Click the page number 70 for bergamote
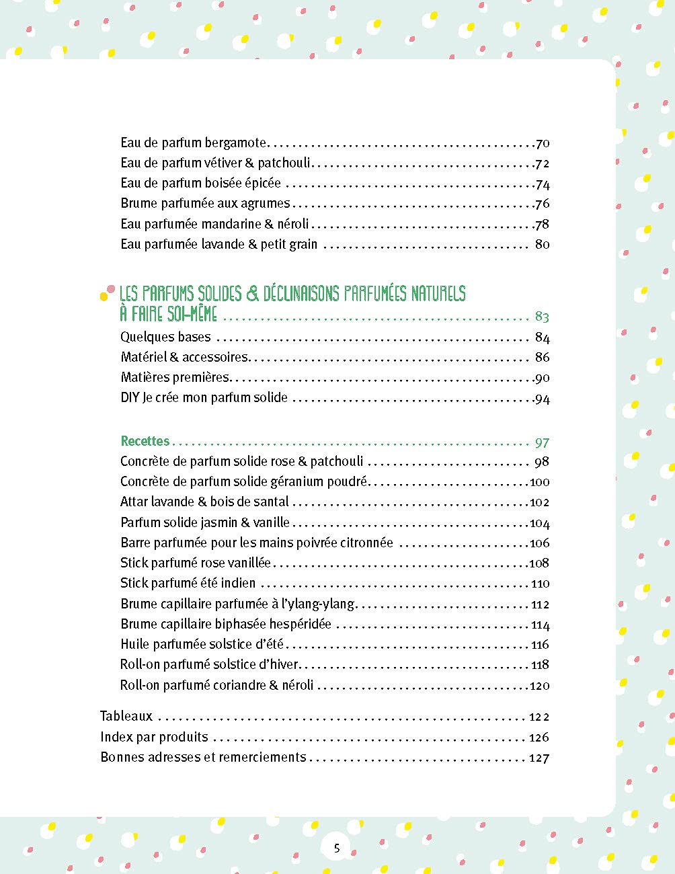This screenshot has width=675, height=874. click(x=543, y=143)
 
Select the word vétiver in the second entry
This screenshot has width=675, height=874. click(x=223, y=163)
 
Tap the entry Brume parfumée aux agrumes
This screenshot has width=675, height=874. click(x=205, y=203)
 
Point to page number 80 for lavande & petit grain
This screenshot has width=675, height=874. click(x=542, y=244)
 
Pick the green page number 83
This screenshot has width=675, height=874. click(x=542, y=316)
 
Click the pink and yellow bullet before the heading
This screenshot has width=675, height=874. click(x=106, y=292)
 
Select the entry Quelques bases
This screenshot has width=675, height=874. click(x=165, y=337)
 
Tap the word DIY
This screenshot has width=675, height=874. click(x=130, y=397)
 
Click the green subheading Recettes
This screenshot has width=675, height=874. click(x=145, y=441)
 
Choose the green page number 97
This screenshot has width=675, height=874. click(x=542, y=442)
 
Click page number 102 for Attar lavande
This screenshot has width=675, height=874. click(x=539, y=502)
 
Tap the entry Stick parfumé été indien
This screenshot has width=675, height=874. click(x=188, y=583)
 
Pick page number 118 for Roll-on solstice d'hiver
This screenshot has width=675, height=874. click(x=540, y=665)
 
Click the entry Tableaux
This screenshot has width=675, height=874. click(x=126, y=716)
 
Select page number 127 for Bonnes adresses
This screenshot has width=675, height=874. click(x=539, y=758)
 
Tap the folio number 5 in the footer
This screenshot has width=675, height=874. click(x=337, y=848)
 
